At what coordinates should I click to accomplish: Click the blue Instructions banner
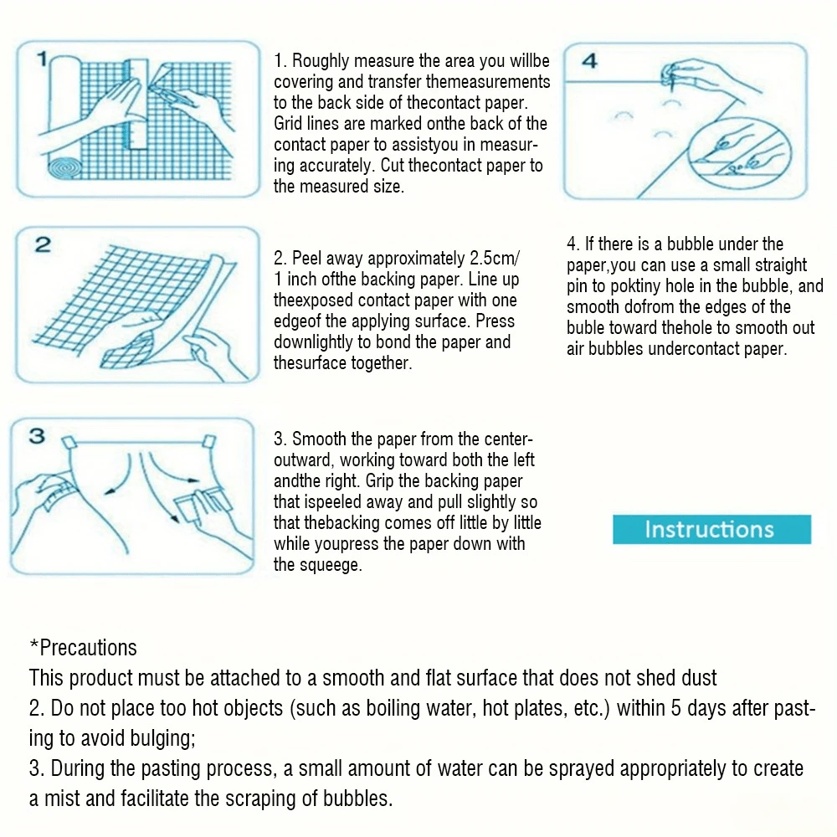711,529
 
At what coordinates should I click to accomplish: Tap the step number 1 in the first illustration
43,60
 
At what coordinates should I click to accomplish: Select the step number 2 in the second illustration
43,245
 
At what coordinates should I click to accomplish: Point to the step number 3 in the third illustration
38,436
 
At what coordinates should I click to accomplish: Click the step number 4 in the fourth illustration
589,62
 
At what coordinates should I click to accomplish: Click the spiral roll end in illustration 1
64,170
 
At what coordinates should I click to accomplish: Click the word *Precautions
83,648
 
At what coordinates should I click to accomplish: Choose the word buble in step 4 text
589,328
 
